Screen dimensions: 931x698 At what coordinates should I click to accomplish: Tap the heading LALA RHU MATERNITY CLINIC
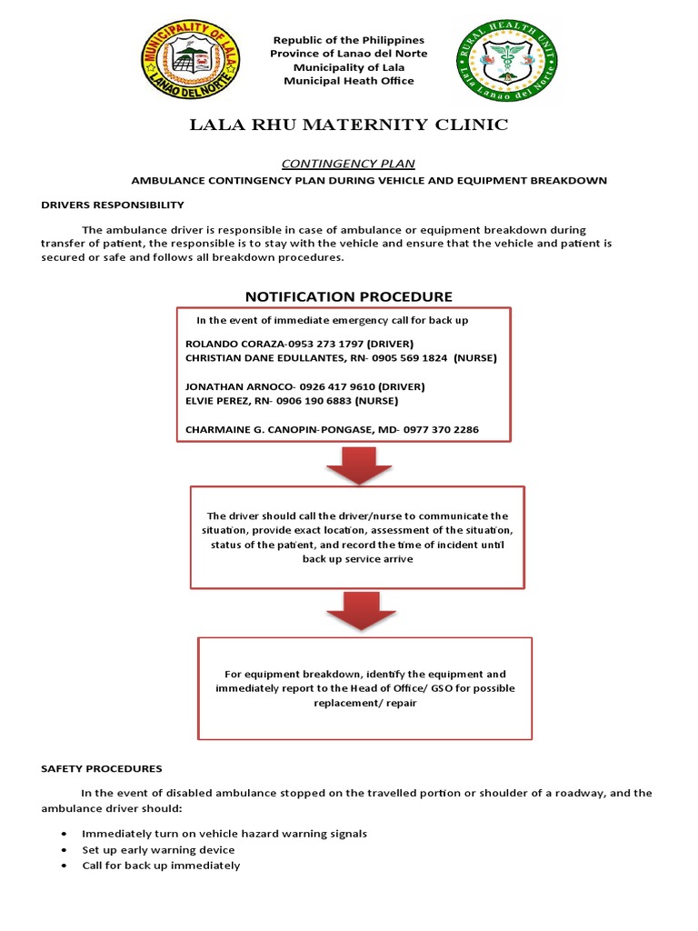tap(348, 125)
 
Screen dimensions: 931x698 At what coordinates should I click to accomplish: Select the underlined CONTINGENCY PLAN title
tap(348, 164)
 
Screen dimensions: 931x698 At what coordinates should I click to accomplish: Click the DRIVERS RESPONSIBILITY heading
tap(113, 205)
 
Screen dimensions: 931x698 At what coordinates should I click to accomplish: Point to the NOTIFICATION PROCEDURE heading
tap(348, 296)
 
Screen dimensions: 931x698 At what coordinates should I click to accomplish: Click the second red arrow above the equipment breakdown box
tap(360, 611)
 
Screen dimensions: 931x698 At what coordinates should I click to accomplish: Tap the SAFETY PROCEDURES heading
tap(102, 768)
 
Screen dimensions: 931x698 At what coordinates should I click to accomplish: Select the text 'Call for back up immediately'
tap(161, 866)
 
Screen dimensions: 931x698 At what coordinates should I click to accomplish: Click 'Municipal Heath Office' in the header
tap(348, 81)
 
